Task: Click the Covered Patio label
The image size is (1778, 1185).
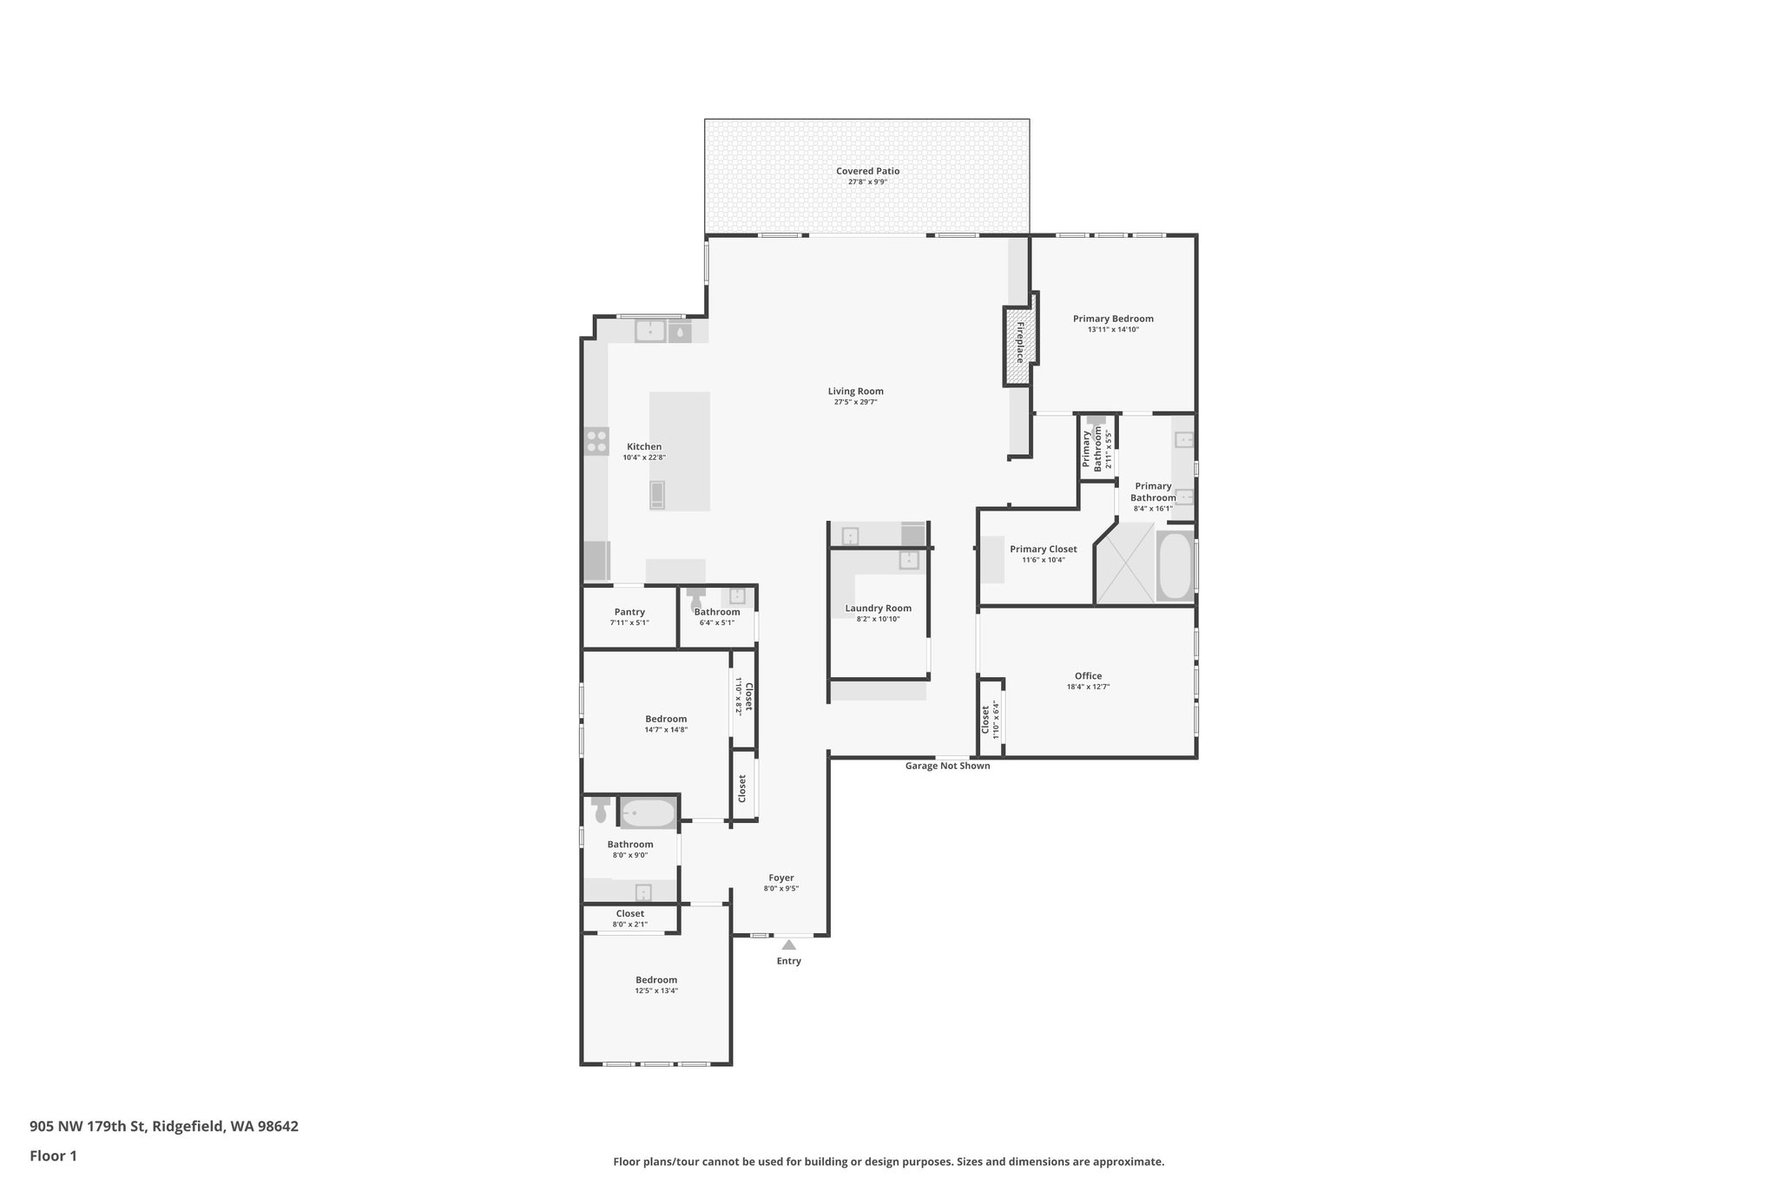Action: tap(867, 171)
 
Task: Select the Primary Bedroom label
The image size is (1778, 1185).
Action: tap(1112, 319)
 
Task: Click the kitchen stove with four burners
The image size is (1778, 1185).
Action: tap(596, 441)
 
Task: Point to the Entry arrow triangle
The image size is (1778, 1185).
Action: tap(788, 945)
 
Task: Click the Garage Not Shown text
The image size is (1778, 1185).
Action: tap(947, 766)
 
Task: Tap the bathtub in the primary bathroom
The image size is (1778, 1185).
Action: tap(1175, 565)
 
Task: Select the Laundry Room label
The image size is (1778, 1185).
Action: tap(878, 609)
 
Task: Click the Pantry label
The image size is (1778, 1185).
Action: tap(629, 612)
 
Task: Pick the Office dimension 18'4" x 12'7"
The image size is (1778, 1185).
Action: tap(1088, 687)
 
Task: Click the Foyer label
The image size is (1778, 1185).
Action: tap(780, 878)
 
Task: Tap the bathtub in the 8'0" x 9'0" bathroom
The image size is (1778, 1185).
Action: tap(649, 813)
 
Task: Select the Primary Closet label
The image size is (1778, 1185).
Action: tap(1043, 549)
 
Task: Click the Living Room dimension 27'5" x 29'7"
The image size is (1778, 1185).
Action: tap(855, 402)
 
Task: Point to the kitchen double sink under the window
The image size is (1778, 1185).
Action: tap(650, 331)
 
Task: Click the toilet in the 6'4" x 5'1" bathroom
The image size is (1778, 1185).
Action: tap(696, 599)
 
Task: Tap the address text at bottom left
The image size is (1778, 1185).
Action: tap(164, 1127)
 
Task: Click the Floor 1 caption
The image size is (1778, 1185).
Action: tap(54, 1155)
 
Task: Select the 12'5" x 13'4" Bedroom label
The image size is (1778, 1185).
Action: tap(655, 980)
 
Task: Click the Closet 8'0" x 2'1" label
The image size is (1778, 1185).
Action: tap(629, 913)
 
